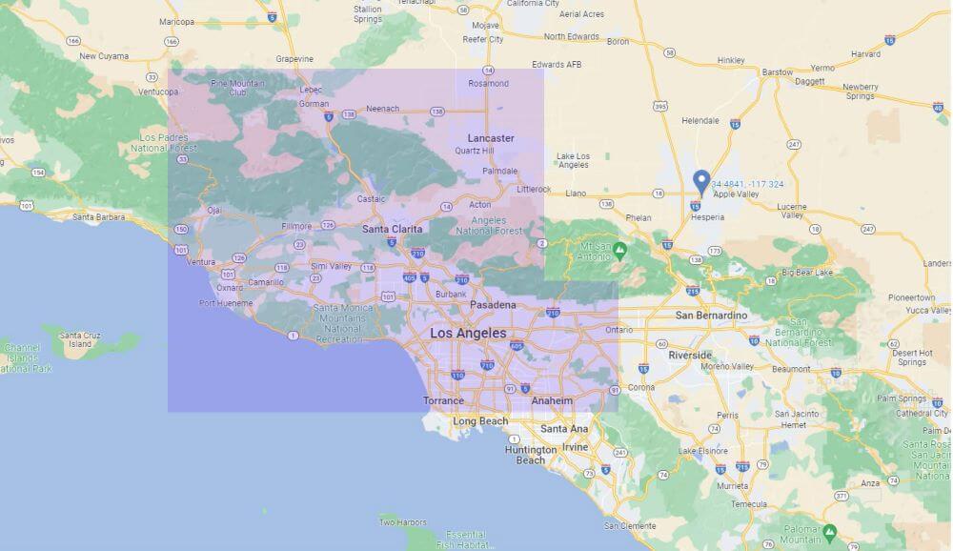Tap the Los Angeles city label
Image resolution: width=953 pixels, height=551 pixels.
468,334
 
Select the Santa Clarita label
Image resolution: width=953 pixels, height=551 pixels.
393,229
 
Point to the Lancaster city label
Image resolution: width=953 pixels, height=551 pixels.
491,138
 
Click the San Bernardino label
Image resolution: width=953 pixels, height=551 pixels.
710,315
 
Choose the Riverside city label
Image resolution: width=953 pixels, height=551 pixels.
690,355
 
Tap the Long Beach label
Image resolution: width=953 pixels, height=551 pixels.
480,420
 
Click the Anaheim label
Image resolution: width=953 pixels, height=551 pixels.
552,401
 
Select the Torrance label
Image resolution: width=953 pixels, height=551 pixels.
443,401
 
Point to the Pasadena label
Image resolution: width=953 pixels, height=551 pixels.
493,305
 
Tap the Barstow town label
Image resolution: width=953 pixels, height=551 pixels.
778,72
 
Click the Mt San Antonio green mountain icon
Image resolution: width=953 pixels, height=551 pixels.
619,251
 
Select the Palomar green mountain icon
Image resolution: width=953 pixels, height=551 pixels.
830,531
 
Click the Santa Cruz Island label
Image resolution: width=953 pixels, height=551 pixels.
81,339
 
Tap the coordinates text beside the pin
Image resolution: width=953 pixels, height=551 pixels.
747,184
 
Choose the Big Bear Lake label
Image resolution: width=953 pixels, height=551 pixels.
807,273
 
